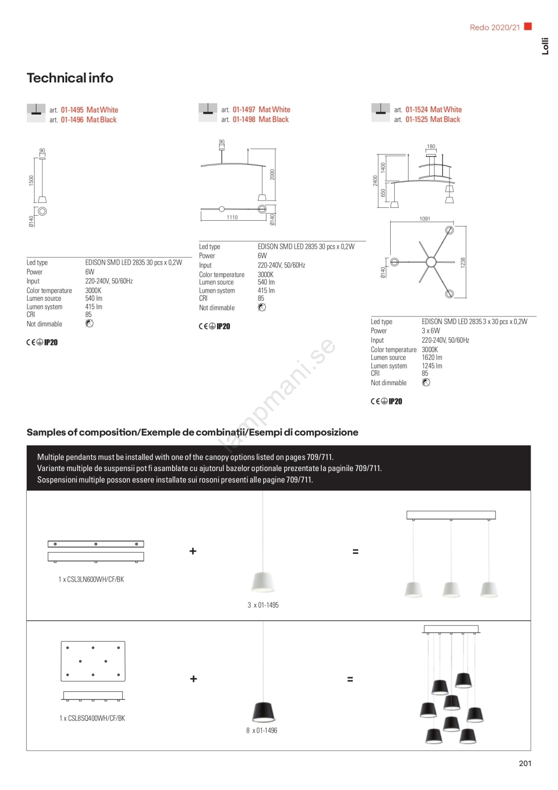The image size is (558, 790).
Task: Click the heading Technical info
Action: point(70,78)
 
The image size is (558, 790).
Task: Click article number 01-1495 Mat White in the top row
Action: point(89,110)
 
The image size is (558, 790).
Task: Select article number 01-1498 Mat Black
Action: point(260,119)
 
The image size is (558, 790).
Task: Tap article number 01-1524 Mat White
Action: point(433,110)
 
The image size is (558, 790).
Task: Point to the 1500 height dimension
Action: point(31,180)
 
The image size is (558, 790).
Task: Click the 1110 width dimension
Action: point(232,217)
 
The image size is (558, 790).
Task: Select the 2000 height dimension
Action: point(272,174)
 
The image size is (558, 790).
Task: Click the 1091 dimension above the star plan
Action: point(425,219)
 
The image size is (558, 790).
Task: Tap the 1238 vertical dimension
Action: point(463,263)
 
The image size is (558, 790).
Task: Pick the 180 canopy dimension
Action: point(431,147)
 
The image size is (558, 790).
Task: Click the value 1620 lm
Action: point(432,357)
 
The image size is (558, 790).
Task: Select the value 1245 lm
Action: point(432,366)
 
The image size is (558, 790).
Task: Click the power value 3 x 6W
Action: point(431,331)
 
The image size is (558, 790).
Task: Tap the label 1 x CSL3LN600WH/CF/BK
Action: point(91,579)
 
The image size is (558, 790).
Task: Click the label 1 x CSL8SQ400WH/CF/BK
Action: point(92,718)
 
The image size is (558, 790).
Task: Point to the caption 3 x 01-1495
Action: point(263,605)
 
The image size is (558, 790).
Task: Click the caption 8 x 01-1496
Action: point(261,730)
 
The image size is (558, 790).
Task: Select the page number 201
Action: point(525,763)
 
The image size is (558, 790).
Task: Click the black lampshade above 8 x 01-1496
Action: point(263,711)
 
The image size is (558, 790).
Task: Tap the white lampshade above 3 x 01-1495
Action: point(263,582)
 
